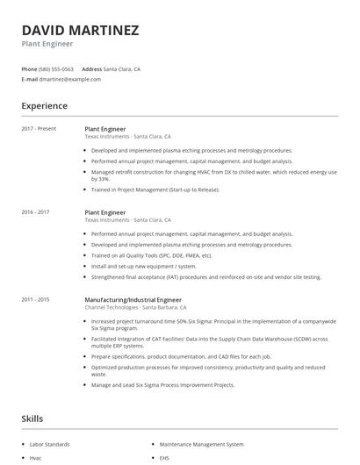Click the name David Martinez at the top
(x=80, y=30)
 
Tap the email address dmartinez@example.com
(x=69, y=79)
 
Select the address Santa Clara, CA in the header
(x=122, y=68)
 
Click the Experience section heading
(x=44, y=106)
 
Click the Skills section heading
(x=32, y=419)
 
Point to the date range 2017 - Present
(x=39, y=129)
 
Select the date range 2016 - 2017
(x=35, y=212)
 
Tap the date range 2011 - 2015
(x=35, y=300)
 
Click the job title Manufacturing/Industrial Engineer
(x=133, y=300)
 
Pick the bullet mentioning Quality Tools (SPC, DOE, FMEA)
(x=152, y=255)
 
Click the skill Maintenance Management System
(x=200, y=445)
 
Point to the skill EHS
(x=164, y=458)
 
